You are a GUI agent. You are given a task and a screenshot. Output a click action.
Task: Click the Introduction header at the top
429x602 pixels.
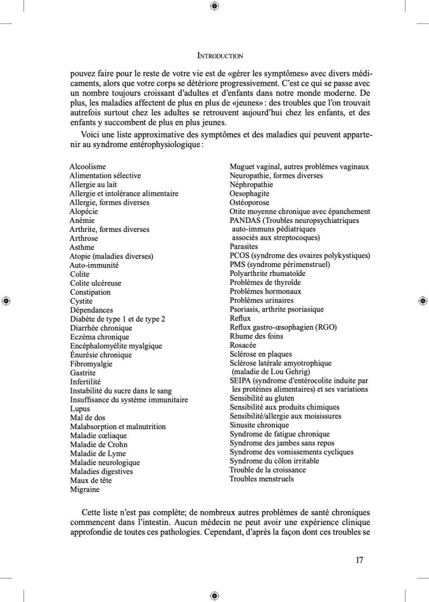[220, 56]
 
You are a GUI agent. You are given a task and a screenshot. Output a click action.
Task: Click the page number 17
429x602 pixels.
[359, 560]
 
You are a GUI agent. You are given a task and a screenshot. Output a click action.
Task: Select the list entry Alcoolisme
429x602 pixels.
[88, 167]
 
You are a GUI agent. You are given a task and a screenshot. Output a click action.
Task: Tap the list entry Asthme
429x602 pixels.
[82, 247]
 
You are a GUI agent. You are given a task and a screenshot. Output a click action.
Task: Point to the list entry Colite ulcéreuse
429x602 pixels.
[95, 283]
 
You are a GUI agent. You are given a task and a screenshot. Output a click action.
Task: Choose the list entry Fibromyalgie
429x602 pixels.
[91, 364]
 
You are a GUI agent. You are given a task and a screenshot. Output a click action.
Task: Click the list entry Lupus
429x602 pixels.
[80, 409]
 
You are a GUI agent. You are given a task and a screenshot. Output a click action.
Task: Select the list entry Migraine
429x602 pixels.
[85, 489]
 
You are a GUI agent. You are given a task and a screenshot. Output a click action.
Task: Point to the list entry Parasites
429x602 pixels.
[244, 246]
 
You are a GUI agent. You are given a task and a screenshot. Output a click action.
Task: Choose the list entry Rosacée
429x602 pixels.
[243, 345]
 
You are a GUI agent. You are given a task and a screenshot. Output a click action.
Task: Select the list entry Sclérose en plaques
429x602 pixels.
[261, 354]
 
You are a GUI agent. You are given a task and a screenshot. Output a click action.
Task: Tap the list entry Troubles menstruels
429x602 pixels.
[261, 479]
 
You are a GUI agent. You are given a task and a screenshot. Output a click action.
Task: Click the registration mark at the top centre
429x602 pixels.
[214, 6]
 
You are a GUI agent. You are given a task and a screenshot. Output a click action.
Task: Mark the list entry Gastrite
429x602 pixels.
[83, 373]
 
